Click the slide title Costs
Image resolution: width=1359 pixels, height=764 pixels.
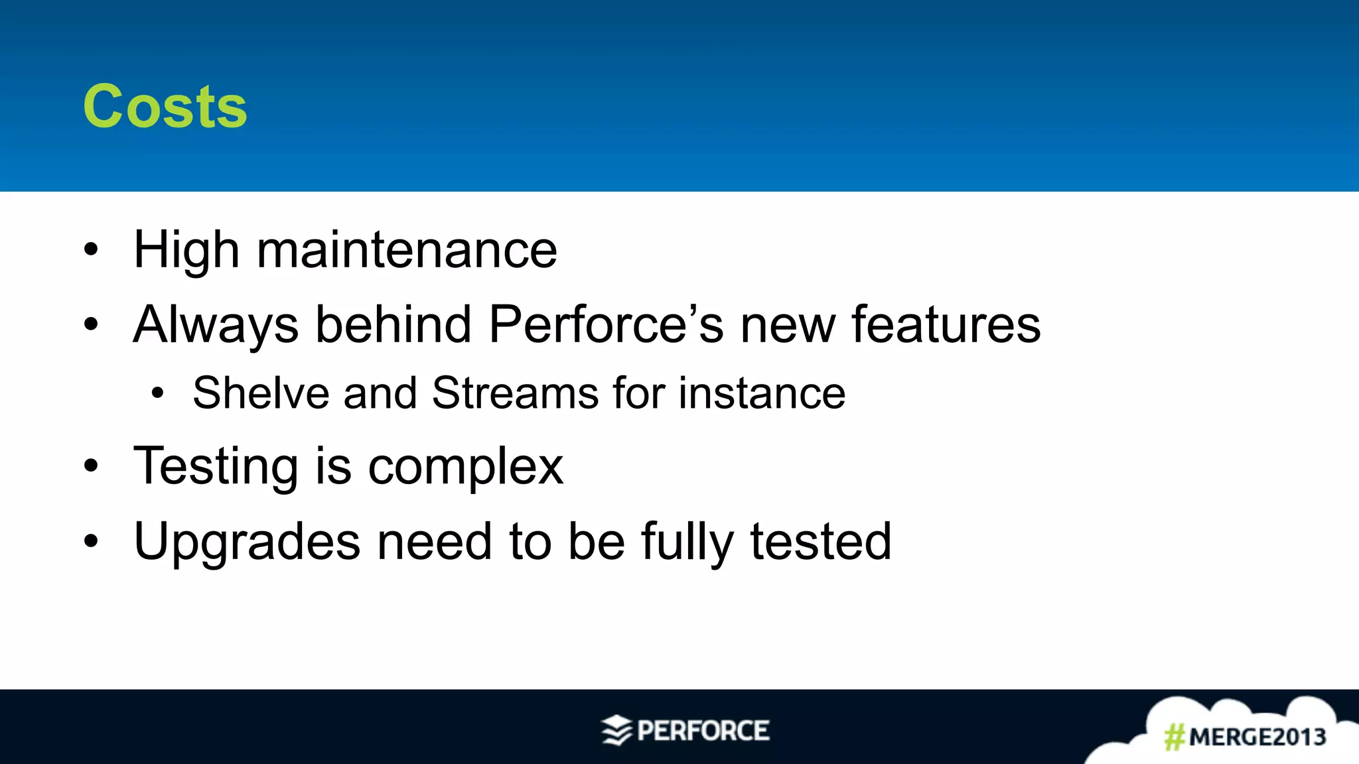(165, 107)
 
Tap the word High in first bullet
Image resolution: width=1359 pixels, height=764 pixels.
(186, 250)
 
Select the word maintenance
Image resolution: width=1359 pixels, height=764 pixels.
(407, 250)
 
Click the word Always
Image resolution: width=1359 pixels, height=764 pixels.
(216, 325)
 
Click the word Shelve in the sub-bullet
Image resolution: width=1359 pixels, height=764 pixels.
(261, 393)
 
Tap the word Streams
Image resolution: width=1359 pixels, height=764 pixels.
(515, 393)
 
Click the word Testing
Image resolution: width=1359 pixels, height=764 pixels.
(216, 466)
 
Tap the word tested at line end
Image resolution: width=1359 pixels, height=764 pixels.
(821, 542)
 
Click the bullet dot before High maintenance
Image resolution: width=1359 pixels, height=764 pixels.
(91, 250)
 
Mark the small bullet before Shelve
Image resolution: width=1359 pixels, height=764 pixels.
(157, 393)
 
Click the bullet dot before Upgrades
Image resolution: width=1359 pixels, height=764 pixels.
(91, 541)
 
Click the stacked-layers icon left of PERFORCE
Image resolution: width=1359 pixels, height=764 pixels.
(616, 730)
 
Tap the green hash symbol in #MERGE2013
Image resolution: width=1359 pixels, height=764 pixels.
(1175, 737)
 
